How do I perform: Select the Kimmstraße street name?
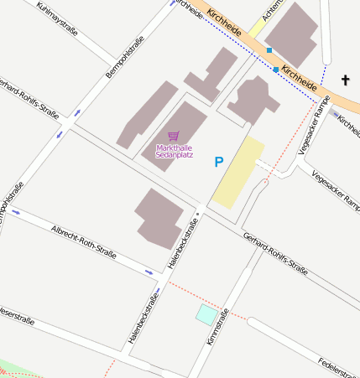(218, 326)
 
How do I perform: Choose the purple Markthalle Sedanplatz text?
(175, 150)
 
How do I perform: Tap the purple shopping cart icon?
(174, 135)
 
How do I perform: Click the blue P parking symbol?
(219, 162)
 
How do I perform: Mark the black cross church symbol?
(344, 80)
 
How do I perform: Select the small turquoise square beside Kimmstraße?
(206, 314)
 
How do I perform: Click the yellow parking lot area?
(238, 173)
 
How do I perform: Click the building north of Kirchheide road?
(291, 34)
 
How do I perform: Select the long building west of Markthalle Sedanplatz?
(148, 115)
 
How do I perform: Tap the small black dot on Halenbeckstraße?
(197, 215)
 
